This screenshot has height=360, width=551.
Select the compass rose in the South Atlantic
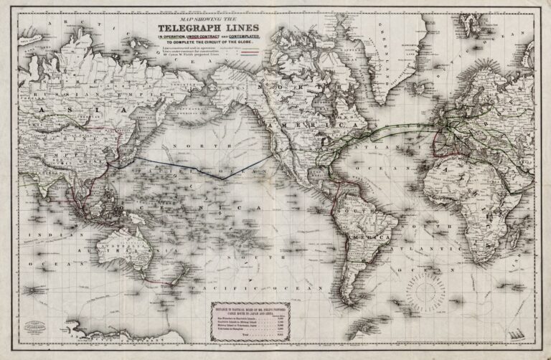point(425,295)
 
